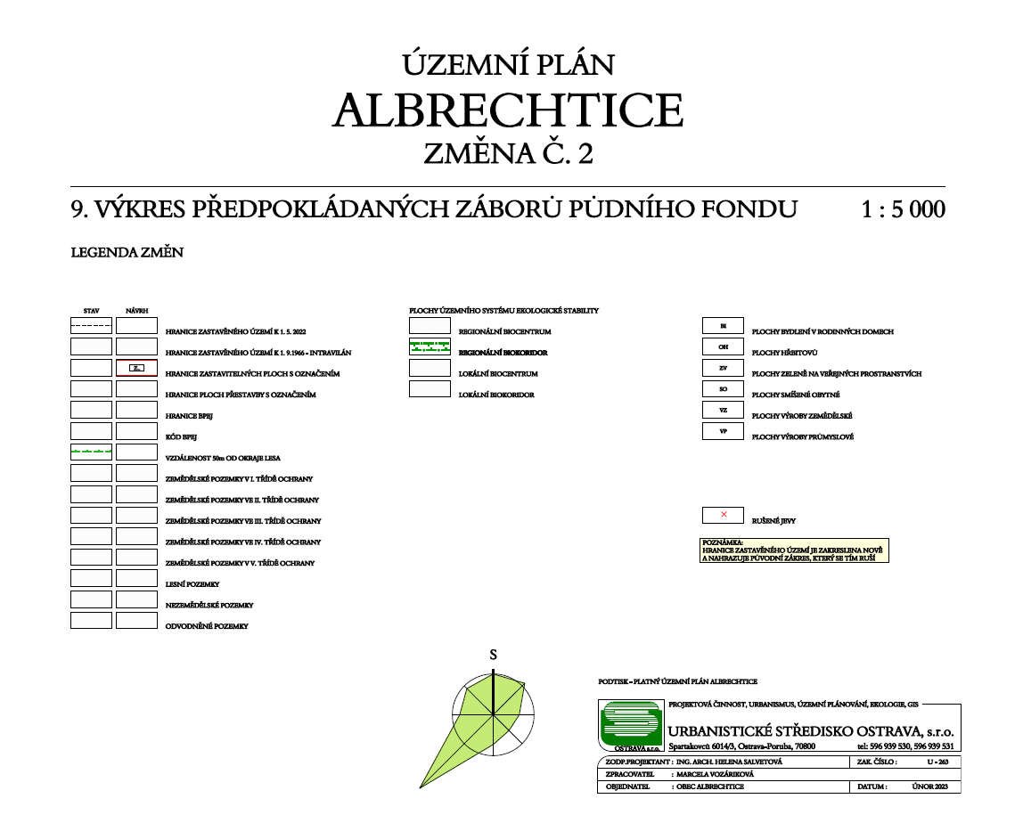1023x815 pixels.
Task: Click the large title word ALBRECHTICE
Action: (508, 110)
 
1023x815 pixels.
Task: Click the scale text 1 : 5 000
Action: (903, 210)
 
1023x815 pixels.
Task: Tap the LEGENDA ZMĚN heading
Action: (127, 253)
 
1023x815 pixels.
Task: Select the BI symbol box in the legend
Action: (724, 325)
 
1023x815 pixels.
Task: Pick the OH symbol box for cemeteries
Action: (724, 346)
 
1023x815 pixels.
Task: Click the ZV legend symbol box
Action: (724, 368)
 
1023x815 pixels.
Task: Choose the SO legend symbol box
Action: (724, 389)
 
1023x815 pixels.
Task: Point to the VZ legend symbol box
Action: (724, 411)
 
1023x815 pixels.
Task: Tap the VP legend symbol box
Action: (724, 432)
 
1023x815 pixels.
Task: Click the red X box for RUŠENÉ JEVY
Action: (724, 515)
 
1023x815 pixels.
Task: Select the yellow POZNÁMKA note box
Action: (795, 550)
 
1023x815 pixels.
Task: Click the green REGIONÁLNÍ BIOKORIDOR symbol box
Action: (430, 346)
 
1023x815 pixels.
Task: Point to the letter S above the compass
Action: (493, 655)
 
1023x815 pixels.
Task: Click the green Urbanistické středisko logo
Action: (631, 725)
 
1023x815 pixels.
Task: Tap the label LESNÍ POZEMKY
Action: (192, 584)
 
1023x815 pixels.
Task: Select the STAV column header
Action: (91, 311)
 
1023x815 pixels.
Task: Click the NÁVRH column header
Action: (136, 311)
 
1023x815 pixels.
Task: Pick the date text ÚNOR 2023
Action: (930, 787)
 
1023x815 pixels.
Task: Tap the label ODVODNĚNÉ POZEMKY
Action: (207, 626)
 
